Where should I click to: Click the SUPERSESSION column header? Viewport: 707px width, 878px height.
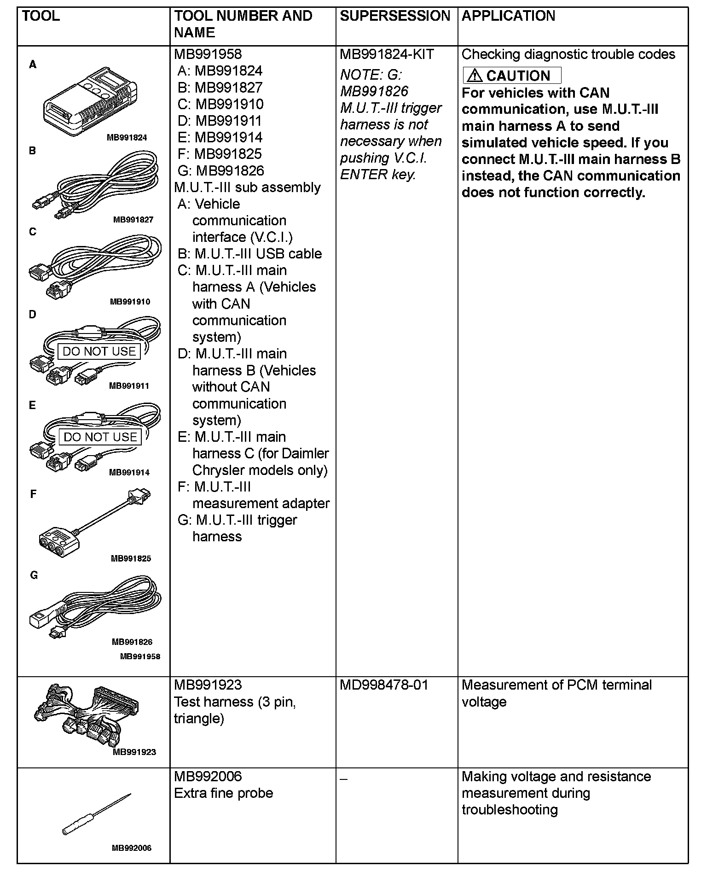pyautogui.click(x=394, y=16)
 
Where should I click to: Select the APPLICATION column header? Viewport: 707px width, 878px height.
pyautogui.click(x=508, y=16)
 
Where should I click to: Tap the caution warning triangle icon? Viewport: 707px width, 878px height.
pyautogui.click(x=475, y=76)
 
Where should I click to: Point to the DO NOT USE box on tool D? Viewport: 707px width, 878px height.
pyautogui.click(x=99, y=351)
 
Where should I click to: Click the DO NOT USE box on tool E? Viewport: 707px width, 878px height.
pyautogui.click(x=100, y=437)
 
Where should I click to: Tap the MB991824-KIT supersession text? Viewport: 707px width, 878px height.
pyautogui.click(x=387, y=54)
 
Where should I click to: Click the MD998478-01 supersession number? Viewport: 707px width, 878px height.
pyautogui.click(x=384, y=685)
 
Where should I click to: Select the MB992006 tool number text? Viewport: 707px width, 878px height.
pyautogui.click(x=208, y=776)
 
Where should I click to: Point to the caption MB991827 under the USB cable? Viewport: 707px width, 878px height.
pyautogui.click(x=133, y=220)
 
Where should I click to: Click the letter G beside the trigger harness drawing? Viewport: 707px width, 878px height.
pyautogui.click(x=34, y=575)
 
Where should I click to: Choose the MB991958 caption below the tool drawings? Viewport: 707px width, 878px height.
pyautogui.click(x=140, y=656)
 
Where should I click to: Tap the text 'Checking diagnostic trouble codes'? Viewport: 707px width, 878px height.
pyautogui.click(x=568, y=54)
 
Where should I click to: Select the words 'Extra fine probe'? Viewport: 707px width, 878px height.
pyautogui.click(x=223, y=793)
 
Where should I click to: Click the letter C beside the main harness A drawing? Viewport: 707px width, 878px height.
pyautogui.click(x=32, y=232)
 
